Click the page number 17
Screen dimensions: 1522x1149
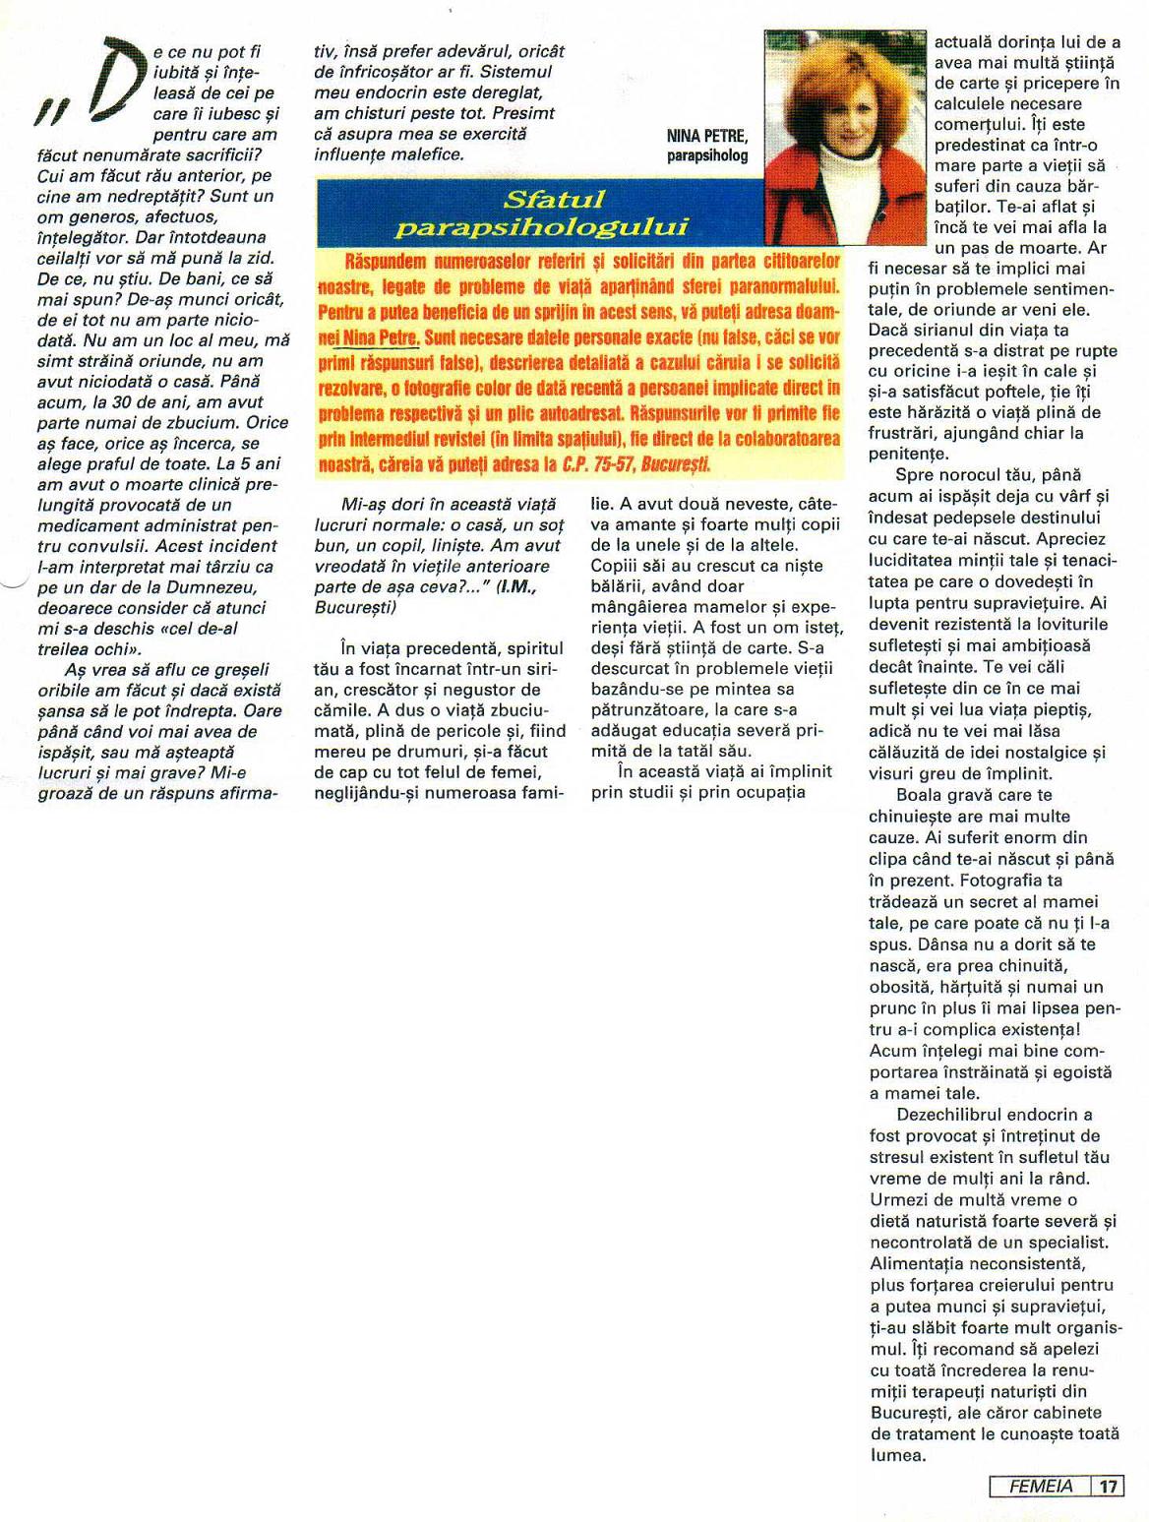(x=1109, y=1487)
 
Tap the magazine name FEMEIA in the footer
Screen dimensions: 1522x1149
(x=1041, y=1487)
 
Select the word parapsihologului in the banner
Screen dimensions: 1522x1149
(x=540, y=227)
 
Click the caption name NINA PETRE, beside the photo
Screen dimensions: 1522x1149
(x=706, y=136)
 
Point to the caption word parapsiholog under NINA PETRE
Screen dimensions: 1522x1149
(x=706, y=155)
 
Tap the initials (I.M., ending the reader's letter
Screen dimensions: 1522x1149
(x=522, y=586)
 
